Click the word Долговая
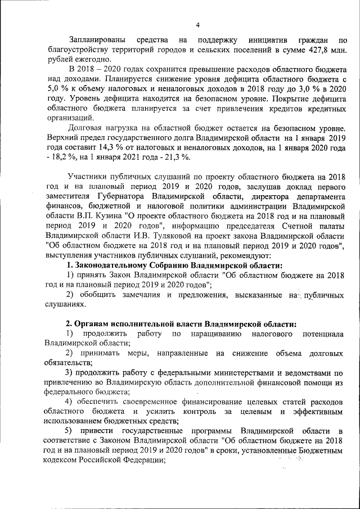85,127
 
